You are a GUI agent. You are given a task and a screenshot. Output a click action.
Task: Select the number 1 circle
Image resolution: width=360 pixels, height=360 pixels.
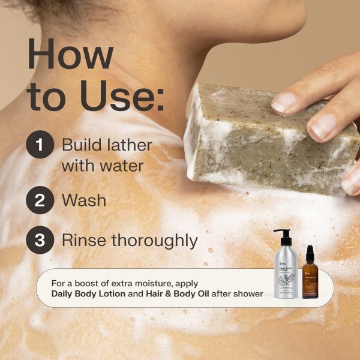(40, 146)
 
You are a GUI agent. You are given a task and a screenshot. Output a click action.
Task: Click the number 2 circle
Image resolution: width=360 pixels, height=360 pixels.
(40, 200)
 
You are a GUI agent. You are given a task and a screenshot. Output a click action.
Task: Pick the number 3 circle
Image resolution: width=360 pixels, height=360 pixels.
(40, 241)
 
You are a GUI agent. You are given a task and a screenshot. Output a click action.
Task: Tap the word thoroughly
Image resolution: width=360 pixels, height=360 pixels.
(154, 241)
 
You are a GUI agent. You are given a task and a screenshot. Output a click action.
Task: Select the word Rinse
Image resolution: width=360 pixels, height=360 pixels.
(83, 241)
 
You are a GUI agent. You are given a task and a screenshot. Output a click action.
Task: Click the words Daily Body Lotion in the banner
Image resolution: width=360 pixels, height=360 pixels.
(88, 293)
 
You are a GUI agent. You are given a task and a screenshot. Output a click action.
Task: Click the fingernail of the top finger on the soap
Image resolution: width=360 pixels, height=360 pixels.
(284, 102)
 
